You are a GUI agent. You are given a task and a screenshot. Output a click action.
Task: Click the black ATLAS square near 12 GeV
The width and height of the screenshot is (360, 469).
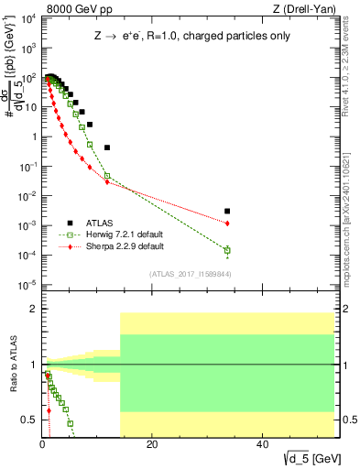pos(107,147)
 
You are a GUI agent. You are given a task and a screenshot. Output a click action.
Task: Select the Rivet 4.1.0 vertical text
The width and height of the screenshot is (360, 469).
pos(351,65)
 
